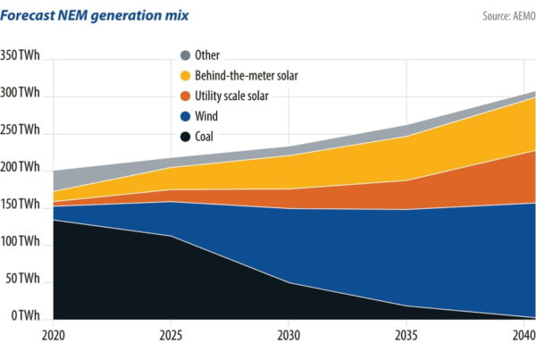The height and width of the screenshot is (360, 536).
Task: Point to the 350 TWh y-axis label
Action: pos(20,55)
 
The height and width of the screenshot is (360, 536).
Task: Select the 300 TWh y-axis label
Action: pos(20,93)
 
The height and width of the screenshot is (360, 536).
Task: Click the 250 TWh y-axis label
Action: pos(20,130)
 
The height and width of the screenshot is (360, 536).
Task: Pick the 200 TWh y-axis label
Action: pos(20,168)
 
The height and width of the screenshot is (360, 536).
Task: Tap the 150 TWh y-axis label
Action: pos(20,205)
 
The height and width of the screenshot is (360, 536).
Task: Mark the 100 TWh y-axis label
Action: pos(20,243)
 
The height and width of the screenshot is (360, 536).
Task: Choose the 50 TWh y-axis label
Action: pos(22,280)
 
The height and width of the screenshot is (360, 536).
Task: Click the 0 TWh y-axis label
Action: pos(25,317)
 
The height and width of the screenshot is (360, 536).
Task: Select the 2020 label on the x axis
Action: pos(53,336)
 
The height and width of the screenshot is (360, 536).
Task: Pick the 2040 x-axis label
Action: pos(523,336)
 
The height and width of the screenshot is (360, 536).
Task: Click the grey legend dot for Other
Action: pos(186,56)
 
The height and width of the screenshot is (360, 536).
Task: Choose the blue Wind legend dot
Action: pos(186,117)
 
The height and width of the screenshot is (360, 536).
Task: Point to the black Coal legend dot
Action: pos(186,138)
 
